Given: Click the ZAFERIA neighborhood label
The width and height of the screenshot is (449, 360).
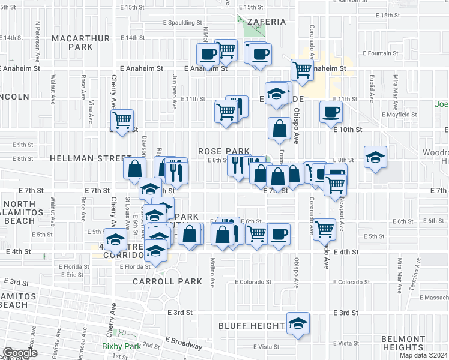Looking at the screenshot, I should tap(264, 22).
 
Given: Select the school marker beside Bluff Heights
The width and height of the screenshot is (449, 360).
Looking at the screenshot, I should tap(298, 323).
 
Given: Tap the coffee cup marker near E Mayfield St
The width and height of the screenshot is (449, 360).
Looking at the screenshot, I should tap(331, 111).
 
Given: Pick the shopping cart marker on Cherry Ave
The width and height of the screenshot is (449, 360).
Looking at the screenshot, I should tap(122, 120).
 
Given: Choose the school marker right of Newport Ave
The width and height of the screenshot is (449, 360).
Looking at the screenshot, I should tap(376, 157).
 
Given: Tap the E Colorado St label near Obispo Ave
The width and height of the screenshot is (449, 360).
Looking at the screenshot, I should tap(253, 281).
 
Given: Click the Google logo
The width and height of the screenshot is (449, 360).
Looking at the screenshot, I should tap(19, 353).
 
